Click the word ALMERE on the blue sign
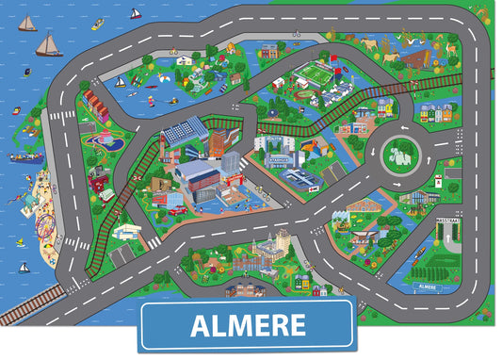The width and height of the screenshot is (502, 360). [248, 326]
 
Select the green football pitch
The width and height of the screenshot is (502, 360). [314, 72]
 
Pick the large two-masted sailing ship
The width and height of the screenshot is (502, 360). [48, 43]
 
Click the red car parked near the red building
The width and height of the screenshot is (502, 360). [176, 210]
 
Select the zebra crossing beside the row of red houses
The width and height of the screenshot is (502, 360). [62, 116]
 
